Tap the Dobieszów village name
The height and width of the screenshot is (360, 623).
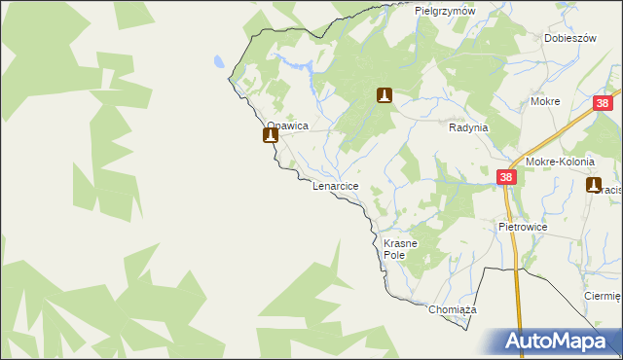click(x=569, y=38)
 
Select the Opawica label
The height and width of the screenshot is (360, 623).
click(x=287, y=126)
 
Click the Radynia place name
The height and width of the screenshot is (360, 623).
click(x=467, y=127)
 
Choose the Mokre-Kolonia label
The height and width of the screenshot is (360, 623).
click(x=559, y=162)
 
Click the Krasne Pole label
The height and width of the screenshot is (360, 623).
click(x=400, y=248)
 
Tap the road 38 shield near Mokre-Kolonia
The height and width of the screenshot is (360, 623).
click(x=506, y=177)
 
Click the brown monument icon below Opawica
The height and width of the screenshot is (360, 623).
click(x=270, y=136)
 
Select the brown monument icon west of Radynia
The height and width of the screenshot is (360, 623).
click(x=385, y=94)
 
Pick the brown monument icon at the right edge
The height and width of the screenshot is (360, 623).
click(x=594, y=184)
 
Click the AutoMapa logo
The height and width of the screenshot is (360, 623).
click(x=555, y=341)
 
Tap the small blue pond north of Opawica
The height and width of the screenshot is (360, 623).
click(x=220, y=60)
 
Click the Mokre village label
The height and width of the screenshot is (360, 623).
click(x=544, y=101)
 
